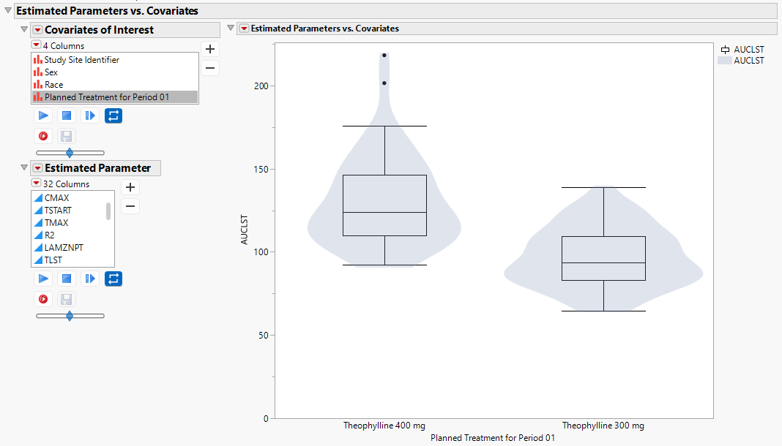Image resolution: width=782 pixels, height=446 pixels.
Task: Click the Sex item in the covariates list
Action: click(51, 72)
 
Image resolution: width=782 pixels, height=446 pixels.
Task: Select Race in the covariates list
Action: click(53, 85)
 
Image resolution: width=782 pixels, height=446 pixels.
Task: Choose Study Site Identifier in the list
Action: click(81, 60)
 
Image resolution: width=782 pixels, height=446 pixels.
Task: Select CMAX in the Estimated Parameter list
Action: click(57, 197)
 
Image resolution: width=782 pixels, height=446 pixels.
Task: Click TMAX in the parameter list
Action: click(56, 223)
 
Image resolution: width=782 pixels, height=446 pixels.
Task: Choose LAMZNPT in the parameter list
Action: click(64, 248)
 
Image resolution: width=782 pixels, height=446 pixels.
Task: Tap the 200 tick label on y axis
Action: click(261, 86)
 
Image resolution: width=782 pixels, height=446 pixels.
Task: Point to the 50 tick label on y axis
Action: click(263, 336)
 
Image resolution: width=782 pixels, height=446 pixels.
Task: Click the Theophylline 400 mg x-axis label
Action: click(384, 426)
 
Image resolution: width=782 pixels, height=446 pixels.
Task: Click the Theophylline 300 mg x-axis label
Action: click(603, 426)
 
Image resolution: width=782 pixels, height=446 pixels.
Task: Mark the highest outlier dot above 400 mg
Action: click(384, 56)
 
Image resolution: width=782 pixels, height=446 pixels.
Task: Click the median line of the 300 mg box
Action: click(603, 262)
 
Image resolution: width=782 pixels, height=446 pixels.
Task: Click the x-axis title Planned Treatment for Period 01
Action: click(493, 438)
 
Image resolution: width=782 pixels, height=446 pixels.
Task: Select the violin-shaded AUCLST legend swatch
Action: click(725, 61)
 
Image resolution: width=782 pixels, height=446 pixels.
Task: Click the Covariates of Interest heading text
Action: click(99, 30)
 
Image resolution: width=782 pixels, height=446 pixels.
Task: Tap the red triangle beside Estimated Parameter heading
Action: click(37, 168)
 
